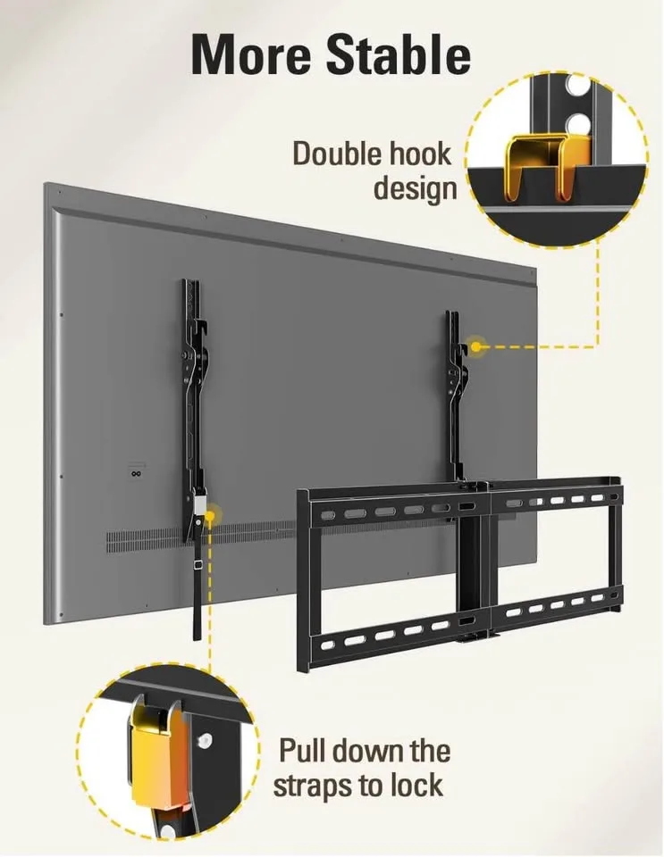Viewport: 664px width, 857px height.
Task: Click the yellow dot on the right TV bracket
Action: [x=475, y=345]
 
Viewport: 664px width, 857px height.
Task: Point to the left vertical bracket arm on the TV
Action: [x=192, y=393]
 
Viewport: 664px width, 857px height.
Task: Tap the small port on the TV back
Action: [x=136, y=474]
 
